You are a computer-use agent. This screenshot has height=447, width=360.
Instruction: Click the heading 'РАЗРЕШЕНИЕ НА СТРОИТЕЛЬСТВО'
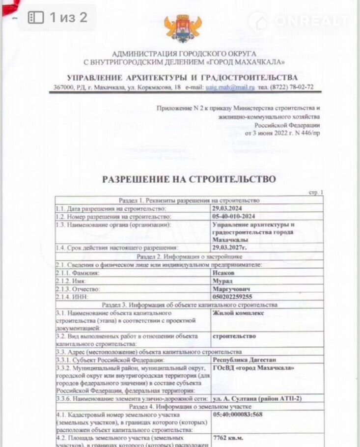pos(189,179)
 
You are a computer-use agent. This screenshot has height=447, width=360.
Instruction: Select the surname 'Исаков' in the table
pos(223,272)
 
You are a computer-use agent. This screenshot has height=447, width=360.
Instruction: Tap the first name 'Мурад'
pos(222,280)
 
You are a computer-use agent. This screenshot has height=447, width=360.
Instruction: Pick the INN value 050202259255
pos(233,297)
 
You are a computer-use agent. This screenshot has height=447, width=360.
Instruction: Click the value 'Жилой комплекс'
pos(238,313)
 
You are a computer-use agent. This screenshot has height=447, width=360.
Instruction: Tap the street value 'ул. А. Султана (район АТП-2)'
pos(257,398)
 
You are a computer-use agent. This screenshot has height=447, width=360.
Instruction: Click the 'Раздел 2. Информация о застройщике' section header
pos(189,256)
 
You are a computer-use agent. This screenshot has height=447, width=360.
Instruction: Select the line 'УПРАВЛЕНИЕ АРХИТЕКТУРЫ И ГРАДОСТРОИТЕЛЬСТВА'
pos(182,78)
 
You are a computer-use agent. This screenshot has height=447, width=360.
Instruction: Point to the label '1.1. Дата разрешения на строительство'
pos(111,208)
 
